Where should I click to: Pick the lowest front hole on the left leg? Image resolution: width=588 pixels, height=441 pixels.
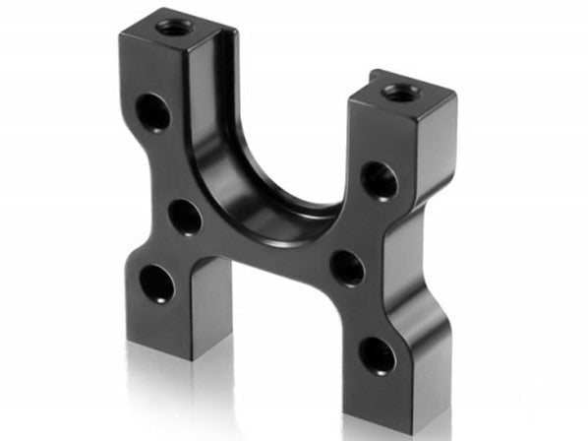click(155, 284)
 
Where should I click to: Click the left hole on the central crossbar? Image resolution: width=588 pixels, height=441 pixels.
click(185, 218)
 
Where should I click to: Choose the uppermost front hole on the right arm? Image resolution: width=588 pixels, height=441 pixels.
click(378, 180)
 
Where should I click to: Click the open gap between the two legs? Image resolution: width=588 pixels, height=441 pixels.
click(285, 335)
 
